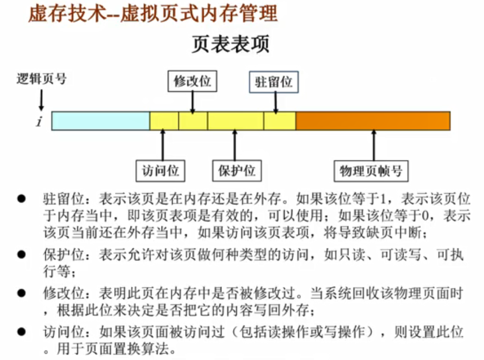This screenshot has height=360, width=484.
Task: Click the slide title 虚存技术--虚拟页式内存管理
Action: [x=153, y=14]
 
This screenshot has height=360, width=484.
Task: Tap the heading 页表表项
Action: [x=230, y=45]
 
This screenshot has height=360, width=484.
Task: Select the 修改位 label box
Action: [x=192, y=82]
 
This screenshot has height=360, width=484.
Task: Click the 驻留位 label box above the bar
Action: [x=274, y=83]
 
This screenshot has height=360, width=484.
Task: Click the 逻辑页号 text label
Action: [x=42, y=79]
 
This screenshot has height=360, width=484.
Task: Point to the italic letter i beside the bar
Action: [x=39, y=122]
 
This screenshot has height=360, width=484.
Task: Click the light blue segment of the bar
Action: [x=100, y=121]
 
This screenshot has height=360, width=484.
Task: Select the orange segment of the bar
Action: [x=372, y=121]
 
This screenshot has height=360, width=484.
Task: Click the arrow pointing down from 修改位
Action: [x=192, y=101]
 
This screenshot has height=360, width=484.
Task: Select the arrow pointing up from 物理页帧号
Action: [x=373, y=144]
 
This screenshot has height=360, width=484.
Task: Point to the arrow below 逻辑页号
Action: [x=41, y=99]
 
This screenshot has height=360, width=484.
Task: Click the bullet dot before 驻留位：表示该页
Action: [x=22, y=199]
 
